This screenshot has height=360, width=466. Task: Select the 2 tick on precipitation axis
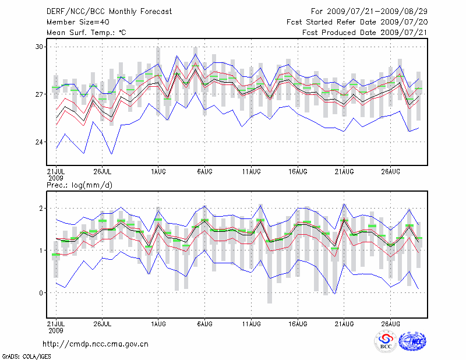click(41, 208)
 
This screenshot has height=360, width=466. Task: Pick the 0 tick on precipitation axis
click(41, 293)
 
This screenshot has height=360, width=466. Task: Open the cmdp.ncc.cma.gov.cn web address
click(96, 344)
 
